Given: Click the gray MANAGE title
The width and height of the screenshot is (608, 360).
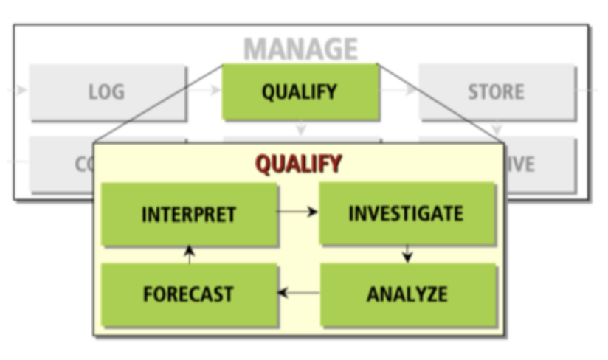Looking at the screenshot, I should [x=300, y=49].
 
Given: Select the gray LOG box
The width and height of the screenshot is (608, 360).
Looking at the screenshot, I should [x=107, y=92].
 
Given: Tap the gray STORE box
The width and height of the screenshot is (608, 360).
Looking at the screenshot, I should [x=496, y=92].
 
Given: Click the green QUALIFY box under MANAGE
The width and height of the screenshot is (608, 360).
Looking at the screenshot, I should [x=300, y=92].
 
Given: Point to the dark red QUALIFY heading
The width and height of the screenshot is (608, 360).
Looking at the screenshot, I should [x=299, y=163].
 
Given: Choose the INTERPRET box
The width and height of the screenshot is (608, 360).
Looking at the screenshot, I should [x=189, y=214].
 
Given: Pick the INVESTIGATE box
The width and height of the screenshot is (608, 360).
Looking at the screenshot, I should [x=406, y=214].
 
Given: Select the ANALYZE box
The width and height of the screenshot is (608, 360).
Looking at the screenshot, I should [x=407, y=294].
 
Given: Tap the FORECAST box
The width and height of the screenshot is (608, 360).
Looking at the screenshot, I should [x=188, y=294].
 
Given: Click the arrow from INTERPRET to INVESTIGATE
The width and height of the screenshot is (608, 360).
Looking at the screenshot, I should [x=297, y=212].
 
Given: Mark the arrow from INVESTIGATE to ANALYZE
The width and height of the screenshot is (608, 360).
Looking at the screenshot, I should [x=407, y=254].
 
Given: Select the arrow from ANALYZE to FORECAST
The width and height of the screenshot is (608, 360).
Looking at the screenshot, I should [x=298, y=294].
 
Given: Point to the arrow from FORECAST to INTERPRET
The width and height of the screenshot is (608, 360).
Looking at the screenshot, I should [x=190, y=255].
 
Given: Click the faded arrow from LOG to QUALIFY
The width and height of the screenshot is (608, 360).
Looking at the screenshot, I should [x=204, y=91].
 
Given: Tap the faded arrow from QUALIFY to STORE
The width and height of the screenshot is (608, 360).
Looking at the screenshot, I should [x=399, y=91].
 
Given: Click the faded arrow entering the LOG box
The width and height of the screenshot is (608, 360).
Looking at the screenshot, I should [x=19, y=91].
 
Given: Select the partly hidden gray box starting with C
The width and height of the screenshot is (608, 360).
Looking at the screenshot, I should [x=62, y=164].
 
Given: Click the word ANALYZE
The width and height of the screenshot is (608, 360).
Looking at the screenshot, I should [x=407, y=294].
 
